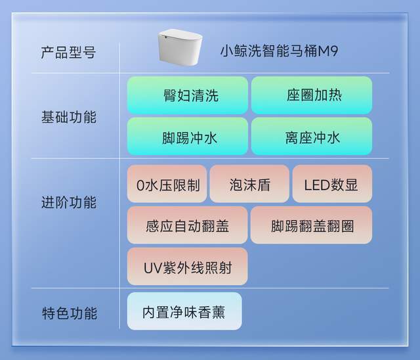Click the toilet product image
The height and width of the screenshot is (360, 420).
[180, 47]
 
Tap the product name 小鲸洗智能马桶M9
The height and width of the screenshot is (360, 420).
[279, 51]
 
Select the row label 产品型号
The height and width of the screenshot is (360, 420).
[68, 53]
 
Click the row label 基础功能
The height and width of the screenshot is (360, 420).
[69, 117]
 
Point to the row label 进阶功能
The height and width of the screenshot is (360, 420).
[69, 202]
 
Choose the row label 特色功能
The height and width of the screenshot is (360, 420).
[70, 313]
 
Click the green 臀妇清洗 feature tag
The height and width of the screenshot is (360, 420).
[188, 95]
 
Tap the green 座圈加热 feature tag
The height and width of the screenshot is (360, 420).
[312, 95]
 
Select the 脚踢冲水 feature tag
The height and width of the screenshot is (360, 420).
[188, 137]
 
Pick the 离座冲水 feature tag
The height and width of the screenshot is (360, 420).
[312, 137]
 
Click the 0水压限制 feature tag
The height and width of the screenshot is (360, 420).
[167, 184]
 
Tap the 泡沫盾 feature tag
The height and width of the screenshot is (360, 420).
[249, 184]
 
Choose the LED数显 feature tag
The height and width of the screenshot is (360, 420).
[332, 184]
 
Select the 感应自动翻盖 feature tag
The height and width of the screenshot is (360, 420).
[187, 225]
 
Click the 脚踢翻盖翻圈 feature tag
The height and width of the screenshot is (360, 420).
[311, 225]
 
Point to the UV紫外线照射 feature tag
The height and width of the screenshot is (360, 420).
[187, 267]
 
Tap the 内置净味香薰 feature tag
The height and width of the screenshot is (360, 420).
[184, 311]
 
